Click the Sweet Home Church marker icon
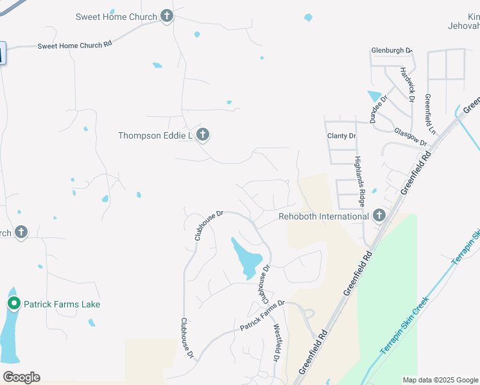[167, 17]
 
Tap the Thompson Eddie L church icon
[203, 135]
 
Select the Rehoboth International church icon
[379, 216]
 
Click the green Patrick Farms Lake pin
[13, 304]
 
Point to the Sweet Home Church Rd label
[74, 46]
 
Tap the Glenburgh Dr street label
[391, 50]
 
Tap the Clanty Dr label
[341, 136]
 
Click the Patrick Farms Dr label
[262, 316]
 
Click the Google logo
[21, 377]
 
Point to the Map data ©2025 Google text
[440, 380]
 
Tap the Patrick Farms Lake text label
[62, 304]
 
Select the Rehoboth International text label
[323, 216]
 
